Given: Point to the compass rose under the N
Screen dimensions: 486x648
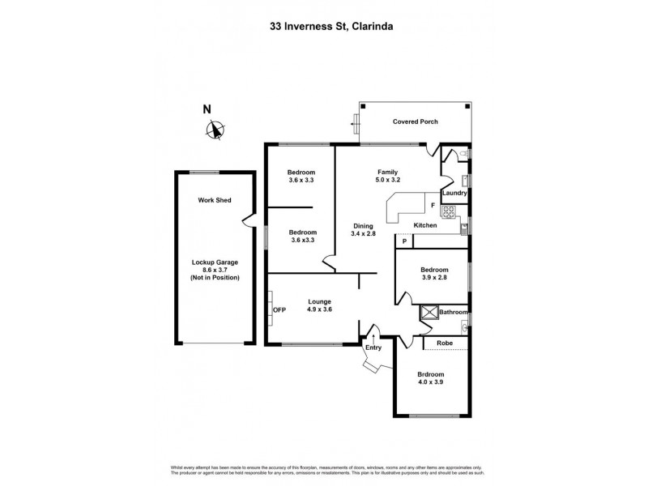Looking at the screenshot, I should (215, 130).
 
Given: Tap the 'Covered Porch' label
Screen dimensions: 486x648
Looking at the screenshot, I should (416, 122).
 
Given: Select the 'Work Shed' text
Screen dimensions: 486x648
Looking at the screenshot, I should (215, 200).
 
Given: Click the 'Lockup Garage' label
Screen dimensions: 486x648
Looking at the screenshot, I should (215, 262).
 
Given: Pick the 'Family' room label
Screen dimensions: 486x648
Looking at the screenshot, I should (387, 173).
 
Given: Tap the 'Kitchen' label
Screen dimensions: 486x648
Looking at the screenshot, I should (426, 225).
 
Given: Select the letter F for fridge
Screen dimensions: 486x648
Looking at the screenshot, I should (433, 206).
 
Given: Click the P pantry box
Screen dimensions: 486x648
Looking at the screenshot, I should (403, 241).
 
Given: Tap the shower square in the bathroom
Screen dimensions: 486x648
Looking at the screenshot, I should (428, 312).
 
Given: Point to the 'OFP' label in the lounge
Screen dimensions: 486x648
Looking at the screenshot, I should (279, 310).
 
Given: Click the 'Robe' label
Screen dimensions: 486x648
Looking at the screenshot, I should (445, 343).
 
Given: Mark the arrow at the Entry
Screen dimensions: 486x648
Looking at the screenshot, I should (374, 333).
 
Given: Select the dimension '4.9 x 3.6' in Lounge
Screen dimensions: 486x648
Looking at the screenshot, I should (319, 310).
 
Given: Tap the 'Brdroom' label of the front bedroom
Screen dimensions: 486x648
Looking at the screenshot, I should (430, 374).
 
